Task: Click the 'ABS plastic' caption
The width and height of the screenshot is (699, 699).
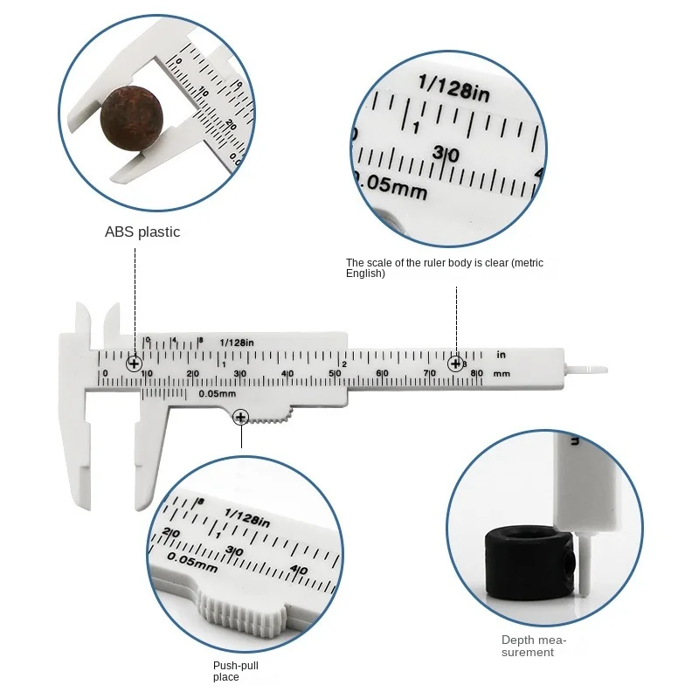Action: (x=142, y=232)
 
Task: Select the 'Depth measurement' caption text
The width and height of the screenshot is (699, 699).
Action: (x=534, y=646)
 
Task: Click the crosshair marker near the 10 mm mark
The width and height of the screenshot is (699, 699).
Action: (x=135, y=363)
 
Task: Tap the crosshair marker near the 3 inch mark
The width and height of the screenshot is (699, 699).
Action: (x=455, y=363)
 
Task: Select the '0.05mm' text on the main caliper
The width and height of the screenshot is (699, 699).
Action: (x=218, y=393)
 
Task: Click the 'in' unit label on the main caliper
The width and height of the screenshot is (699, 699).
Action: (x=502, y=355)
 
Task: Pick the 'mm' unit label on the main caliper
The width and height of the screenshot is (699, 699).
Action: (x=502, y=374)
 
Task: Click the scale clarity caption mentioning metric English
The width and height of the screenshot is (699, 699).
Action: (x=450, y=267)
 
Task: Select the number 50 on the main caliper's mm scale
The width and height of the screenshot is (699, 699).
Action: (x=334, y=374)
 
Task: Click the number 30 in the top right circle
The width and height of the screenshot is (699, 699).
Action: (x=446, y=154)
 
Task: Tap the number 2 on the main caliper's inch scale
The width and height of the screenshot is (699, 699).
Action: (x=344, y=363)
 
